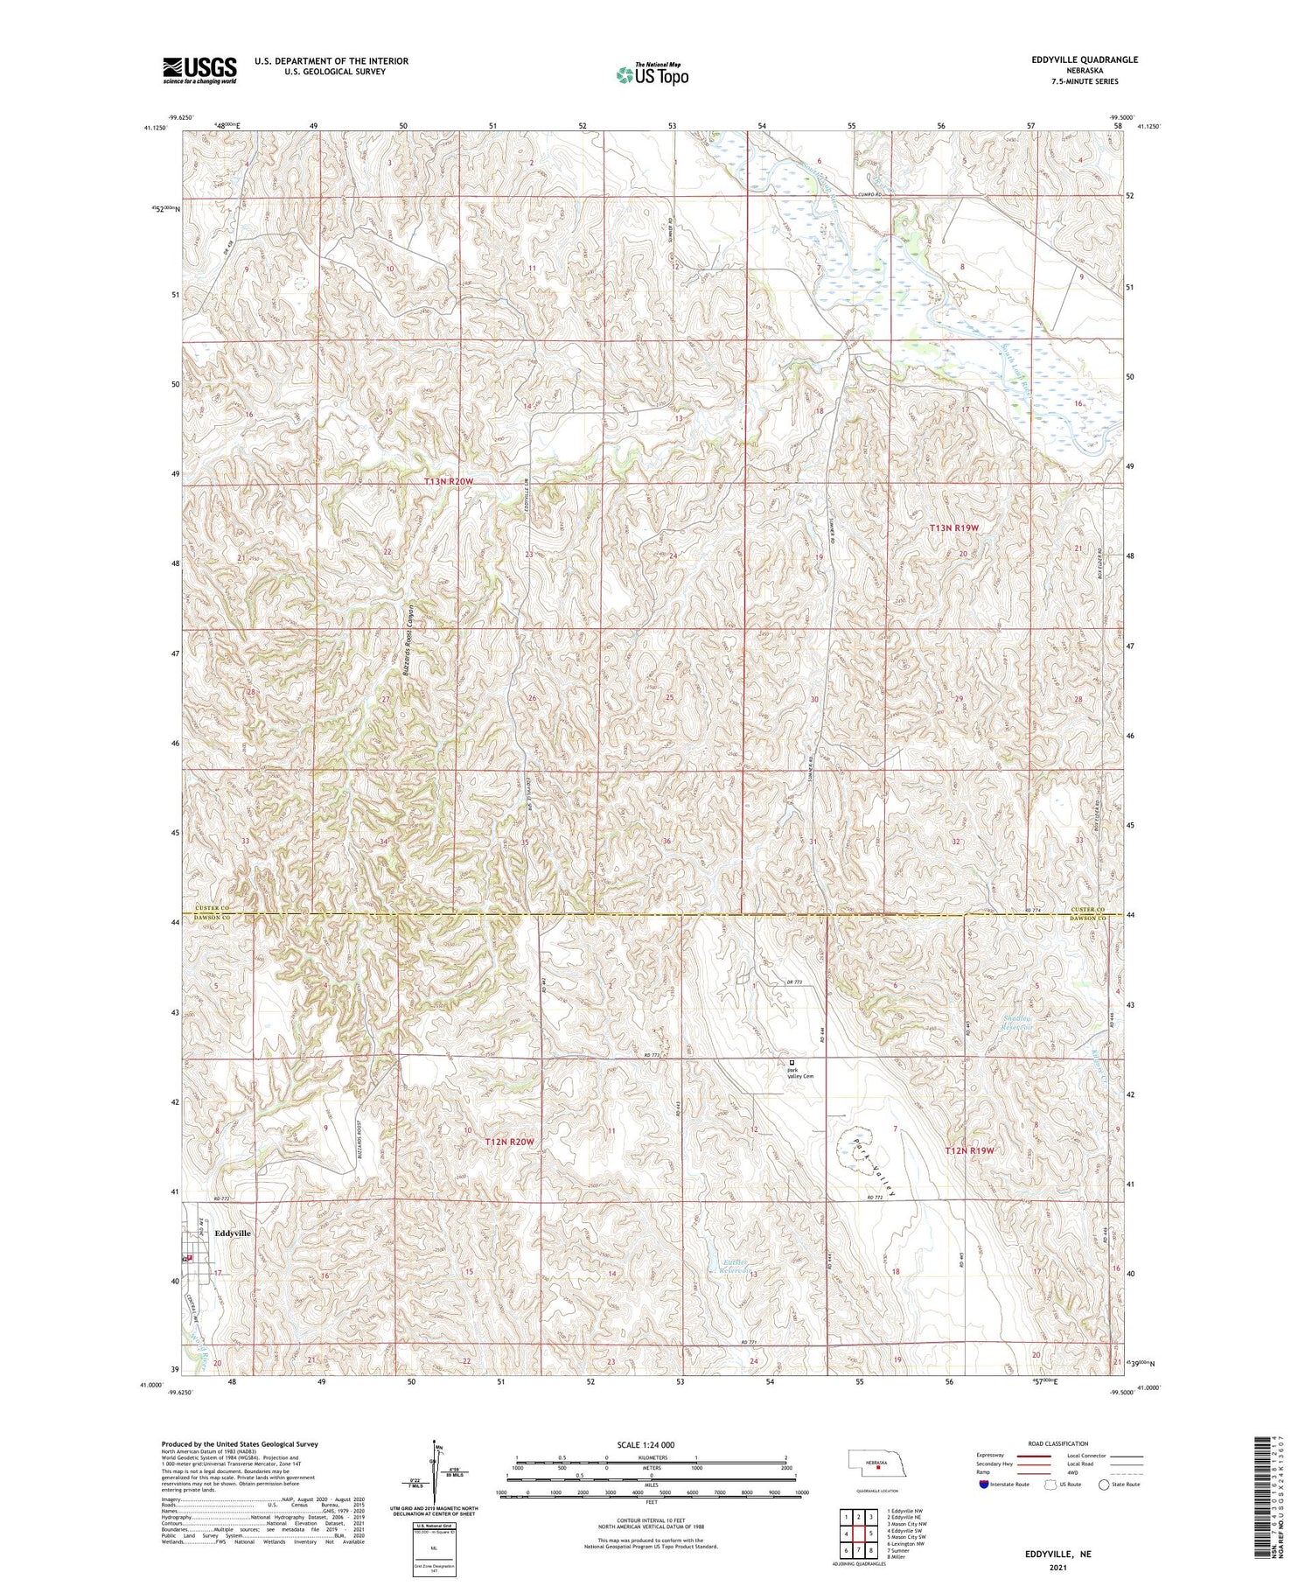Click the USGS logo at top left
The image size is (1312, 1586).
click(199, 70)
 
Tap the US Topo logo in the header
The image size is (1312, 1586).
click(652, 75)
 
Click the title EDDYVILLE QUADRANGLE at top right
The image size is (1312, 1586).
click(1085, 59)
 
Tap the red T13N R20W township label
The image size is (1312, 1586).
click(449, 481)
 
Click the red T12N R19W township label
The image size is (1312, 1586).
click(970, 1150)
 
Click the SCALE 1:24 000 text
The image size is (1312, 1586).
click(652, 1444)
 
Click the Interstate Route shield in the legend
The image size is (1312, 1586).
click(985, 1484)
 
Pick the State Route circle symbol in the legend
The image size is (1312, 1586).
click(1105, 1484)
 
